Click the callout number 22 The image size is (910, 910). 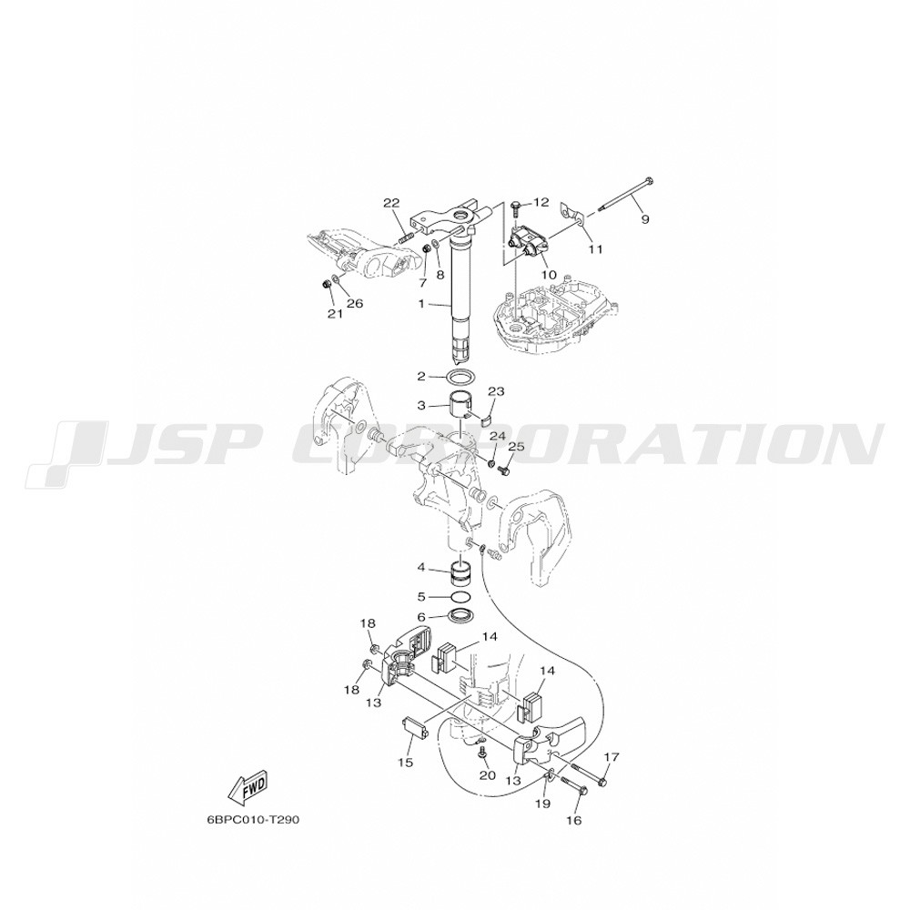pyautogui.click(x=391, y=203)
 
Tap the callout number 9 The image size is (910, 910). pyautogui.click(x=645, y=219)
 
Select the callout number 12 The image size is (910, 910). pyautogui.click(x=541, y=202)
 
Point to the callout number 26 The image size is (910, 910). pyautogui.click(x=355, y=303)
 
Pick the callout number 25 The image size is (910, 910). pyautogui.click(x=516, y=446)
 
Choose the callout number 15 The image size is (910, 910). pyautogui.click(x=406, y=762)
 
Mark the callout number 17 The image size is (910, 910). pyautogui.click(x=612, y=757)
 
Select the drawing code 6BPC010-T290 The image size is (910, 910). pyautogui.click(x=253, y=821)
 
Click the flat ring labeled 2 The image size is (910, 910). pyautogui.click(x=461, y=377)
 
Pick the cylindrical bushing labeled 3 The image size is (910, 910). pyautogui.click(x=463, y=406)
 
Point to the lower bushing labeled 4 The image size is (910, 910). pyautogui.click(x=463, y=573)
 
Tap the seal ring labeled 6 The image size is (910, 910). pyautogui.click(x=462, y=615)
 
